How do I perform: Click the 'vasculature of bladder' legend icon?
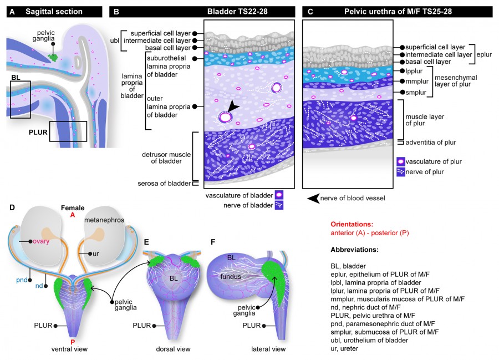tap(279, 195)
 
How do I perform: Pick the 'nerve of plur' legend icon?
tap(401, 172)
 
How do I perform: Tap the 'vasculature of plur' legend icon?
tap(401, 161)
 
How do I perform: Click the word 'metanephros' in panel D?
tap(103, 220)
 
